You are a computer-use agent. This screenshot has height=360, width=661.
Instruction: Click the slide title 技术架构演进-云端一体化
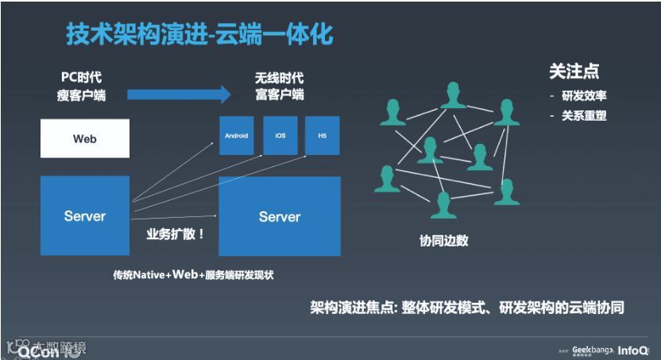click(x=199, y=35)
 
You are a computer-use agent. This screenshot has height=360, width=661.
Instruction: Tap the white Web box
click(x=85, y=138)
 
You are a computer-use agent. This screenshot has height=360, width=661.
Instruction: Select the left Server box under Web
click(x=85, y=215)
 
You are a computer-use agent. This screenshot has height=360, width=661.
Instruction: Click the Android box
click(x=236, y=136)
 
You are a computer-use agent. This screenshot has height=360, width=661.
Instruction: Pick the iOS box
click(x=280, y=136)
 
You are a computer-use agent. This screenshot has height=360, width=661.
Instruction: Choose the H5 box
click(x=323, y=136)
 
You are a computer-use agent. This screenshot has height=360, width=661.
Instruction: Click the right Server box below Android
click(x=280, y=216)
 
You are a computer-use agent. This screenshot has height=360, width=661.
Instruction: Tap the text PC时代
click(x=81, y=78)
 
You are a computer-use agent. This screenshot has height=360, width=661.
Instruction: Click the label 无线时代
click(x=279, y=79)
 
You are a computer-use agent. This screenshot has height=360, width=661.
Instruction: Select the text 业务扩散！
click(x=176, y=234)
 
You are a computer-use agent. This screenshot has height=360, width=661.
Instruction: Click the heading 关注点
click(x=574, y=72)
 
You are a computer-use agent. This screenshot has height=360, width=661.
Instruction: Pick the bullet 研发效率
click(x=584, y=96)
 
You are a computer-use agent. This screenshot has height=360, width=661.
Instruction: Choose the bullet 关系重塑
click(x=584, y=115)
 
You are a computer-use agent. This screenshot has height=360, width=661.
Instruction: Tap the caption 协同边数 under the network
click(x=443, y=241)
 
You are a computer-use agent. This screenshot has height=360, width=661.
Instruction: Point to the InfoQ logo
click(x=633, y=348)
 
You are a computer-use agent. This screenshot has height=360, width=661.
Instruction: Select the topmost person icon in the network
click(x=454, y=95)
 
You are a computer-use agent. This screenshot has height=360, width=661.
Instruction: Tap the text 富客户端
click(x=279, y=95)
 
